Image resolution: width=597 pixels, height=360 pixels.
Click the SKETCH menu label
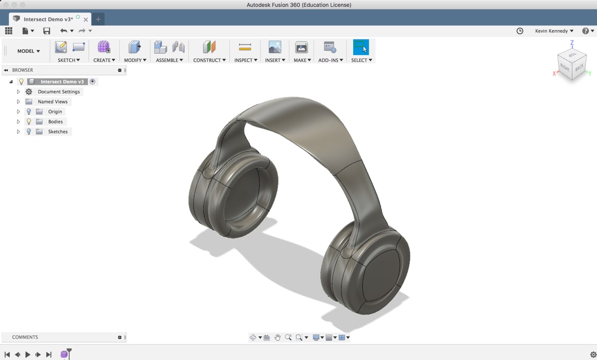(69, 60)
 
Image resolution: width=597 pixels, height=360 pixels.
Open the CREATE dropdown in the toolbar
(104, 60)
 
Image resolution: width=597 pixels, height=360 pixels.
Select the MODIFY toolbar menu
(135, 60)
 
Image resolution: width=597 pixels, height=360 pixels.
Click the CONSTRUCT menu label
(209, 60)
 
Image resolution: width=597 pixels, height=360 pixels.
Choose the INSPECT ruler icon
(245, 47)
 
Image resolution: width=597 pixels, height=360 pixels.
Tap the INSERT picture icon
(275, 47)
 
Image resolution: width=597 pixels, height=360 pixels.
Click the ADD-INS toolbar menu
(330, 60)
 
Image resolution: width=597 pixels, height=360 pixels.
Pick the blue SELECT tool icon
(360, 47)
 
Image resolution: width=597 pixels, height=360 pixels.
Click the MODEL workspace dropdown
(29, 51)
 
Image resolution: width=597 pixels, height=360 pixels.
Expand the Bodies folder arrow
(18, 122)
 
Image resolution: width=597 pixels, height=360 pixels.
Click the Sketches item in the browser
(58, 132)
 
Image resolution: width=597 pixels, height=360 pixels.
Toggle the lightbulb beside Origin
(29, 112)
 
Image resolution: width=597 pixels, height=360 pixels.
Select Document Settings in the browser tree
(59, 92)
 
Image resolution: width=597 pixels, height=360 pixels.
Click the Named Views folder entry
(53, 102)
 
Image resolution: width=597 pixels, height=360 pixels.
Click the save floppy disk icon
(47, 31)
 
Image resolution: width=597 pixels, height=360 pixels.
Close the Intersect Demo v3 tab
(86, 20)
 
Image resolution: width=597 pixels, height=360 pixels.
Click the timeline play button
(28, 354)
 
